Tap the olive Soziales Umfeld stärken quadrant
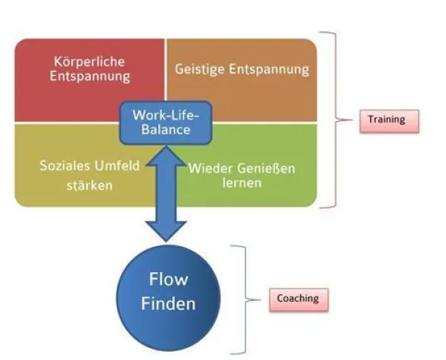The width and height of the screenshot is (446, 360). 68,174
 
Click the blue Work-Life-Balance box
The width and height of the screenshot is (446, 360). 166,122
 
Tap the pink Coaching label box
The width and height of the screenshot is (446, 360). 296,299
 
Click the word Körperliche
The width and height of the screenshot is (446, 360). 89,61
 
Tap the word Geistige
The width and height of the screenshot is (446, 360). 199,69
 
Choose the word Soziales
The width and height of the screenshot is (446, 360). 64,166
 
